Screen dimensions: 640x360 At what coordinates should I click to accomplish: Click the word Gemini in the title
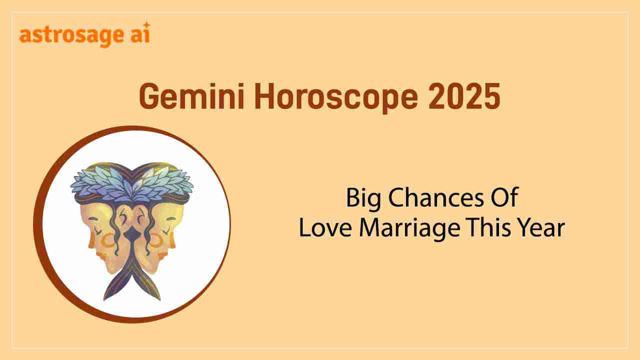(x=191, y=96)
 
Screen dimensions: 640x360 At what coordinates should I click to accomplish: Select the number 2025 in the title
(x=464, y=96)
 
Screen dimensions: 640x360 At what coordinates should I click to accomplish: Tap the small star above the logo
(x=147, y=24)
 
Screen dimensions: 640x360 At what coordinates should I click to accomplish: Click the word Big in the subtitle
(x=363, y=198)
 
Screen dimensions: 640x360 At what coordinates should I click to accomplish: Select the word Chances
(x=435, y=197)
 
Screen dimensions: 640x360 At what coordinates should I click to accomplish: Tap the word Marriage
(x=409, y=229)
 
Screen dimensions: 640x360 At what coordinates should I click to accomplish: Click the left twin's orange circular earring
(x=108, y=241)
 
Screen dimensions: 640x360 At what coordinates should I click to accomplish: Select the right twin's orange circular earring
(x=156, y=241)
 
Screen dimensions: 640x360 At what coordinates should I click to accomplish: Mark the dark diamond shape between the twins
(x=131, y=233)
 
